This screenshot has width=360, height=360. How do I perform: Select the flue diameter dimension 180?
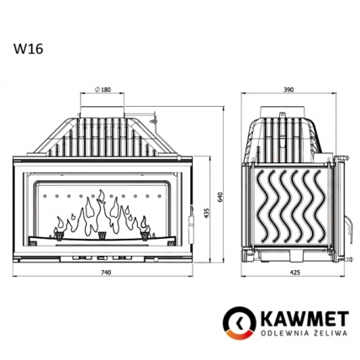(x=103, y=89)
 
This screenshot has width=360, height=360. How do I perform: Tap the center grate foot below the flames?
(x=103, y=236)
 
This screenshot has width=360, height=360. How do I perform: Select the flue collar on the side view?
(x=287, y=110)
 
